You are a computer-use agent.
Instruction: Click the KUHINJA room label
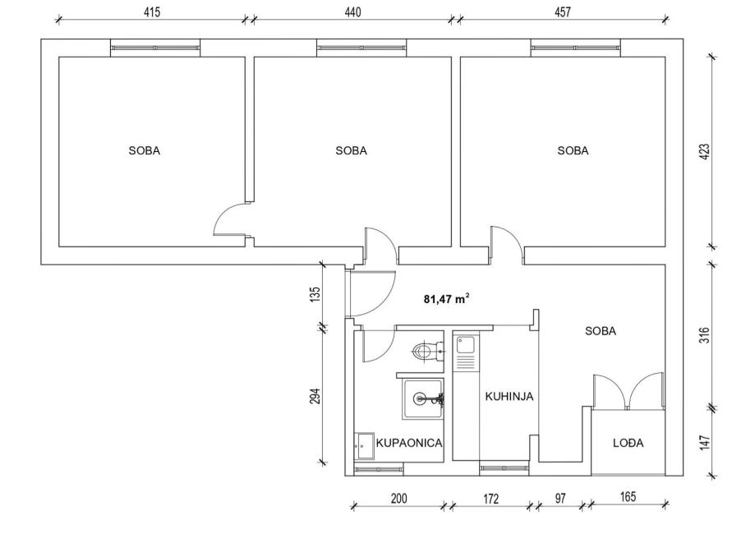[x=509, y=396]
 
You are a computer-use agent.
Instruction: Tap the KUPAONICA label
[x=409, y=443]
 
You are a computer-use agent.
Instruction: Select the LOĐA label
[x=628, y=443]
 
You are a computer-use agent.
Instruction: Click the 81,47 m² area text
[x=446, y=299]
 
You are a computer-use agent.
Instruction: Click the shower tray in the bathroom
[x=424, y=398]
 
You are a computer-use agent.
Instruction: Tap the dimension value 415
[x=152, y=12]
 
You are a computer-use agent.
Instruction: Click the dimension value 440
[x=352, y=12]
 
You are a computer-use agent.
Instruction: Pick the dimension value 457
[x=563, y=12]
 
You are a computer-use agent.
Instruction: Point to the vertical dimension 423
[x=704, y=152]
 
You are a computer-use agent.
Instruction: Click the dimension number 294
[x=315, y=396]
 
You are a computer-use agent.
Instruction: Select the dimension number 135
[x=315, y=294]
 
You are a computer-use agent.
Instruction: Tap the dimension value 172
[x=490, y=499]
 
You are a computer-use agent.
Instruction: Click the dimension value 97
[x=560, y=498]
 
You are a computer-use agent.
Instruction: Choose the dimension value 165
[x=628, y=496]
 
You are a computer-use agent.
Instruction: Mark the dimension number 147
[x=704, y=443]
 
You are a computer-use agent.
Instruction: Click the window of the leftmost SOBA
[x=155, y=48]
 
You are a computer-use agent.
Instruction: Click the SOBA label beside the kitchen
[x=601, y=331]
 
